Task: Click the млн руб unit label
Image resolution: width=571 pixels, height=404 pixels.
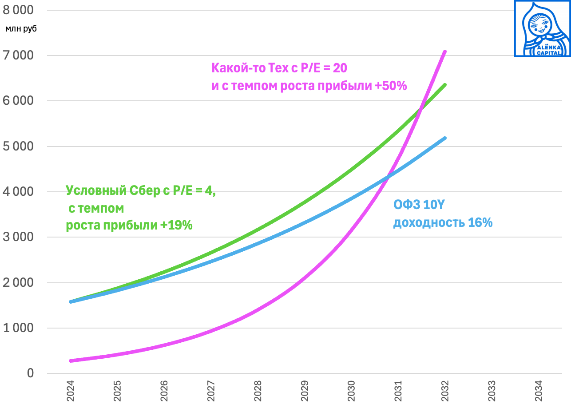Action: (x=21, y=29)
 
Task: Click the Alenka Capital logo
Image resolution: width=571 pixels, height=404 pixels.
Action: (x=542, y=28)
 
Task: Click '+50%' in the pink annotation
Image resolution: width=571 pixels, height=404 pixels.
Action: (x=390, y=86)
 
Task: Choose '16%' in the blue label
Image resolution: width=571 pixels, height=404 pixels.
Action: (x=480, y=222)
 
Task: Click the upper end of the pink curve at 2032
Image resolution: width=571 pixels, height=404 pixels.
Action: (x=445, y=51)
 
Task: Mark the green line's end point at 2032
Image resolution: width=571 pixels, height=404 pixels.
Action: (x=445, y=85)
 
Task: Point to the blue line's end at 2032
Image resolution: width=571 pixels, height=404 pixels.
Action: (x=445, y=138)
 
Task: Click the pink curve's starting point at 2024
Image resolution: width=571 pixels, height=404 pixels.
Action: (x=71, y=361)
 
